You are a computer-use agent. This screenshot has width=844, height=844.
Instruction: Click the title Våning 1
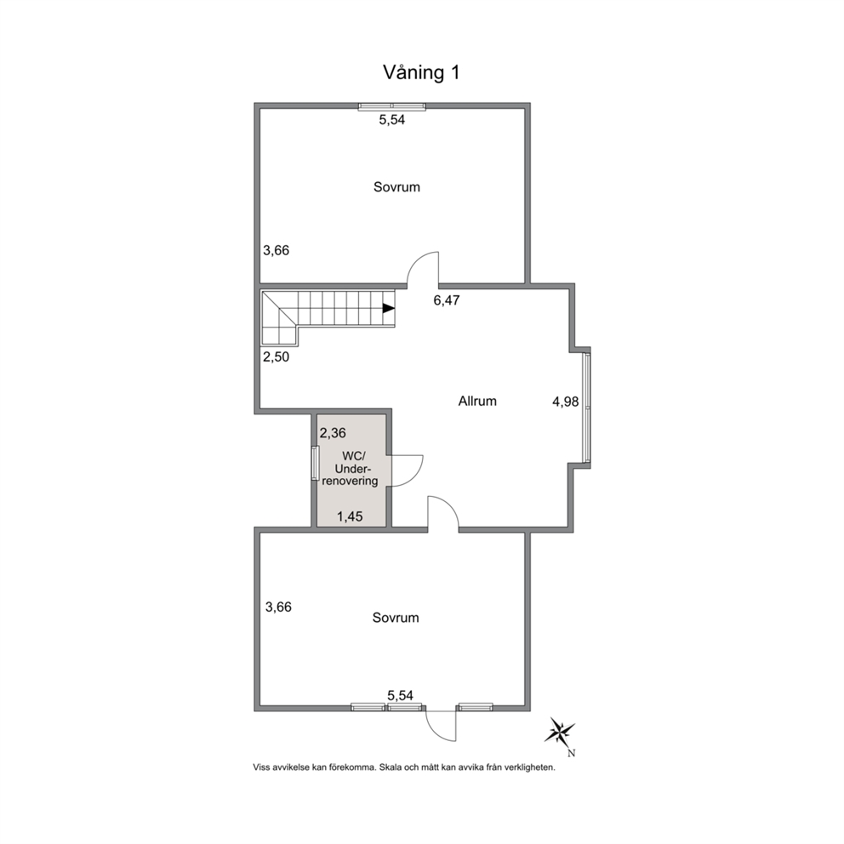421,72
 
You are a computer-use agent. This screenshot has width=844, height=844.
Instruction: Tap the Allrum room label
477,401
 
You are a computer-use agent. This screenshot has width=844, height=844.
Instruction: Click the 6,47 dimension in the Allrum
447,300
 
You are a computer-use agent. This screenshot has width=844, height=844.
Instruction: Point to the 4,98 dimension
565,402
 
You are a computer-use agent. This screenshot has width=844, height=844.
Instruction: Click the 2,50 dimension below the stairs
277,356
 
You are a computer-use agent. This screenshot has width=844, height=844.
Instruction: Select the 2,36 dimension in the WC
333,433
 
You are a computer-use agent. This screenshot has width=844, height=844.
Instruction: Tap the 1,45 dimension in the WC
350,516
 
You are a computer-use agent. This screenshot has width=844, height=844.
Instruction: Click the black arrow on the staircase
389,309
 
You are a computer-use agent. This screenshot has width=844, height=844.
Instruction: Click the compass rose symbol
560,732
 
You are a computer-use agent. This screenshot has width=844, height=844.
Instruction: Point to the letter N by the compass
572,754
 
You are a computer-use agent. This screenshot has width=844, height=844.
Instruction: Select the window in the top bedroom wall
392,106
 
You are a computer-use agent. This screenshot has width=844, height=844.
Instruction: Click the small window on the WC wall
316,463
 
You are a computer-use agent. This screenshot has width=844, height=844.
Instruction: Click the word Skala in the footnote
390,767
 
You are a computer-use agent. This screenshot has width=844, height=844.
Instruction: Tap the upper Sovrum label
396,187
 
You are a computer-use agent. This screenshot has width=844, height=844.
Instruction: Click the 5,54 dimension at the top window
392,120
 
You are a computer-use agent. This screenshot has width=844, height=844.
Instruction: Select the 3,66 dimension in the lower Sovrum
279,607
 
